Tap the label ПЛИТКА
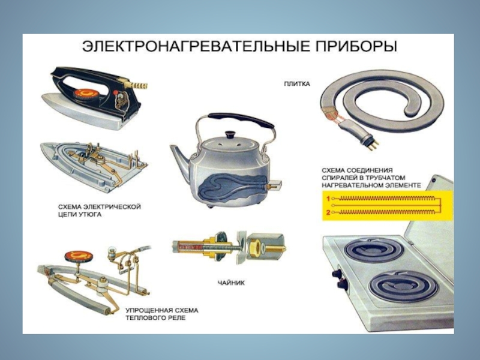click(x=296, y=84)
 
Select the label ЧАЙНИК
click(x=231, y=283)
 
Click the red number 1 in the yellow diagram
click(x=328, y=199)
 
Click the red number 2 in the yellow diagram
click(x=328, y=212)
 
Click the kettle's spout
click(x=181, y=156)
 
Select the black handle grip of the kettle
click(x=241, y=119)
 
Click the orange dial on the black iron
click(x=86, y=92)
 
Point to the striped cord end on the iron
click(x=139, y=85)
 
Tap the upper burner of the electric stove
click(x=372, y=249)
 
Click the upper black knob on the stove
click(x=337, y=273)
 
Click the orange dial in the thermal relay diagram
click(x=79, y=256)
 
